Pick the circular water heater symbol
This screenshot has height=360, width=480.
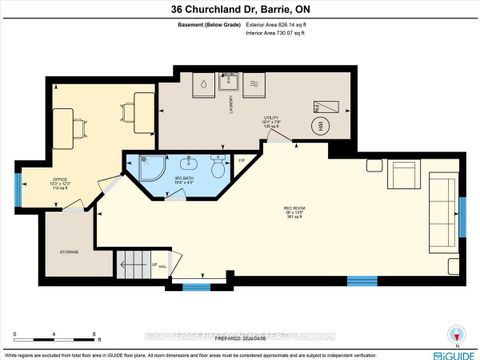321,126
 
